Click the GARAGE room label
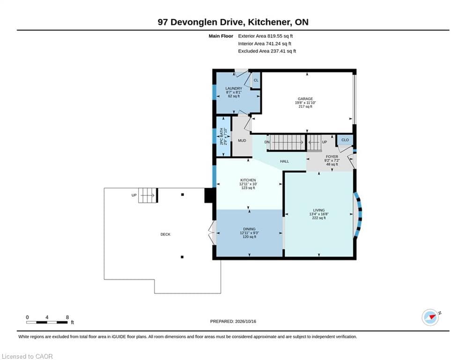305,99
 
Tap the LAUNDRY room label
234,89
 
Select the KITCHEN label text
248,180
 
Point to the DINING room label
249,229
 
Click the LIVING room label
318,210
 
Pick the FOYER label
332,157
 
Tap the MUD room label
242,141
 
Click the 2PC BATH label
222,136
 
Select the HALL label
284,161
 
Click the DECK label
165,234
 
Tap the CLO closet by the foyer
345,140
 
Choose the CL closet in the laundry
256,80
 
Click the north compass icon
430,317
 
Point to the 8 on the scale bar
67,317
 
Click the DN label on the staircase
267,142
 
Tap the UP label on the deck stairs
134,195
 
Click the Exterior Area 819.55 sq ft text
266,36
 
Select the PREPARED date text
233,321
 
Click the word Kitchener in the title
269,22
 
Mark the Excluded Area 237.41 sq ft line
267,51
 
